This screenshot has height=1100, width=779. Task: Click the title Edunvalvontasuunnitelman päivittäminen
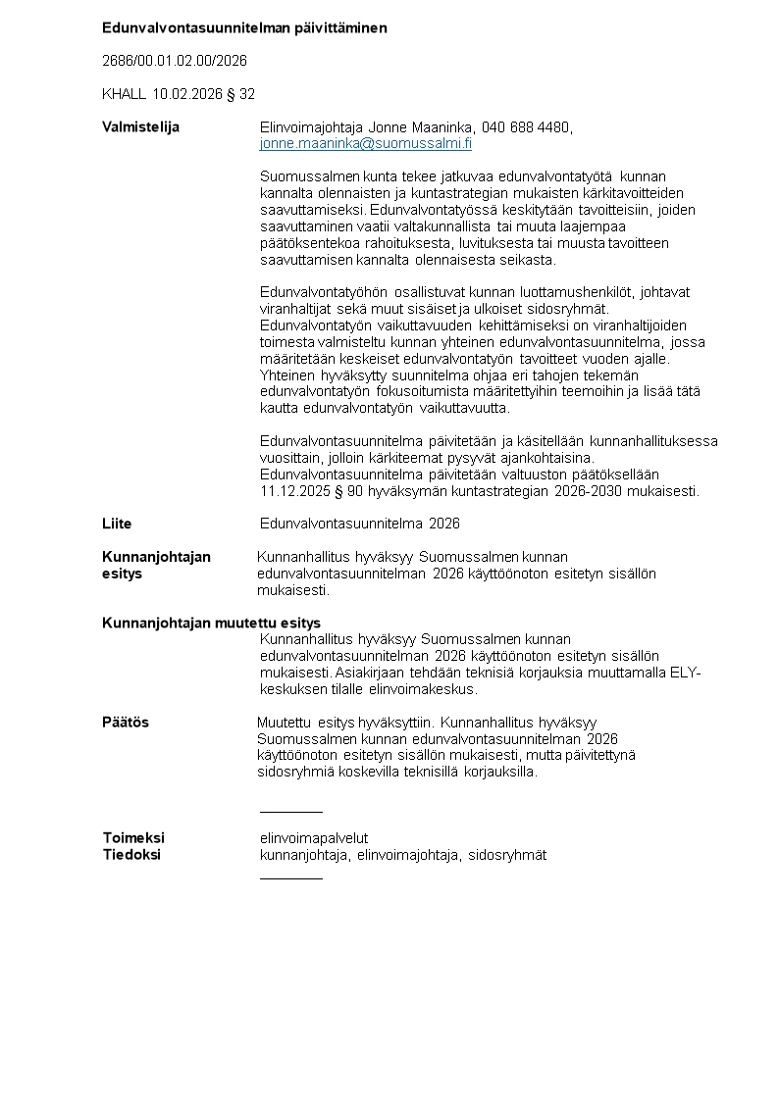[244, 27]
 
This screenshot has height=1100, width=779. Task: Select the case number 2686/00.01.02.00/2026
[175, 61]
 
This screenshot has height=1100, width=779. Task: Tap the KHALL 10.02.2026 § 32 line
[179, 94]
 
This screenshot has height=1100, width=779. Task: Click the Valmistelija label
[140, 127]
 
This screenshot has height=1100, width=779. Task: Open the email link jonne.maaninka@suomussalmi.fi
[365, 144]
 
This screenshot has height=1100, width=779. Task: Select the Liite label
[117, 524]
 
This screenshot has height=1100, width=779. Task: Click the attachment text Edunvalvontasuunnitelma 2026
[359, 524]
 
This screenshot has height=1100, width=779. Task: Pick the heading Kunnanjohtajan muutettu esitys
[211, 623]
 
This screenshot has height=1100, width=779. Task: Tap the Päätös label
[126, 723]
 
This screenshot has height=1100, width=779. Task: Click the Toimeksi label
[133, 838]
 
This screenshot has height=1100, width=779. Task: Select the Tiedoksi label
[131, 855]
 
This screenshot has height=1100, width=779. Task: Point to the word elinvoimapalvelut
[313, 838]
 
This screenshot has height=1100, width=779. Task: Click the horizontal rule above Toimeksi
[290, 812]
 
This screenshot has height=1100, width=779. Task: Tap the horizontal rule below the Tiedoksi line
[290, 877]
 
